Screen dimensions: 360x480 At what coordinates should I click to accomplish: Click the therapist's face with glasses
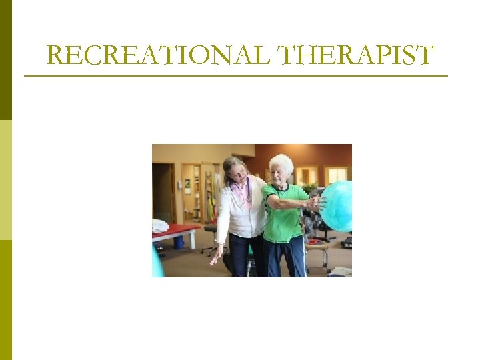(x=237, y=172)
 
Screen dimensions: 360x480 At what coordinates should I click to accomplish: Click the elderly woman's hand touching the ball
(x=319, y=202)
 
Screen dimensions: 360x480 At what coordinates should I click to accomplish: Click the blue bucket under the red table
(x=179, y=242)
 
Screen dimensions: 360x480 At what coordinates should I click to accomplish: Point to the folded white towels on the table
(x=159, y=225)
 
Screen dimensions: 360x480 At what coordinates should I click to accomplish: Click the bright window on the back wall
(x=337, y=174)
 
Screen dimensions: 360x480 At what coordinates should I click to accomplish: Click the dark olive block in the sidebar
(x=6, y=60)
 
